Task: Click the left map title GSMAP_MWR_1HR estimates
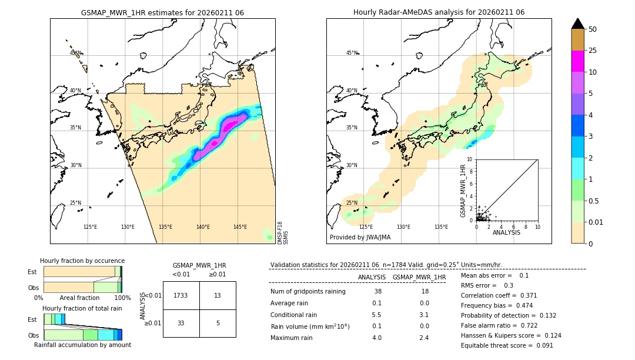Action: click(x=162, y=12)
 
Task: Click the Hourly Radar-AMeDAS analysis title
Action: click(x=439, y=12)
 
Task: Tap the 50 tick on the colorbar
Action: click(x=593, y=29)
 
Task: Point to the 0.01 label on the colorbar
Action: click(x=596, y=222)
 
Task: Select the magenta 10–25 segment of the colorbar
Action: click(x=577, y=61)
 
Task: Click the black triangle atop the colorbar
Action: click(x=577, y=24)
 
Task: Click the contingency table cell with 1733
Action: click(x=181, y=295)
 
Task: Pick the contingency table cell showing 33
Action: click(x=181, y=323)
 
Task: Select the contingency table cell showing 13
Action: click(x=218, y=295)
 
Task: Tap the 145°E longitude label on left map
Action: click(x=240, y=227)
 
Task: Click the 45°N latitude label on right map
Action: click(x=352, y=53)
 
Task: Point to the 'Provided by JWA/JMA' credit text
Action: click(x=360, y=238)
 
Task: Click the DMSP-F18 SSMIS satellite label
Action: click(x=282, y=233)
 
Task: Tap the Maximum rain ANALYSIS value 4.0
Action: click(x=376, y=338)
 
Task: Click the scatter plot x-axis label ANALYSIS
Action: click(x=506, y=232)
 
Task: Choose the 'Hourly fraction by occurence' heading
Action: click(x=82, y=261)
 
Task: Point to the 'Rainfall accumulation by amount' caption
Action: click(x=82, y=345)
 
